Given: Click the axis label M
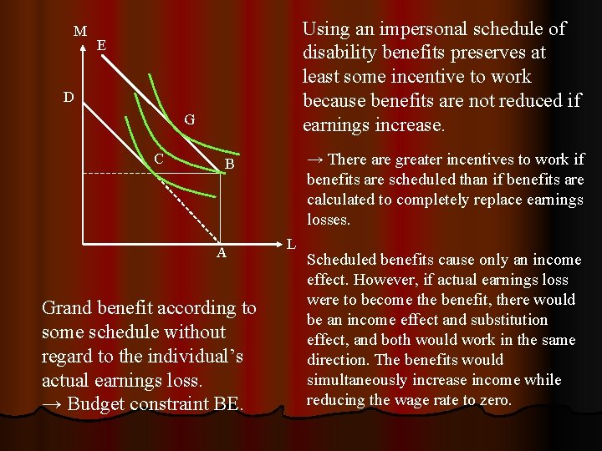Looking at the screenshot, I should coord(80,32).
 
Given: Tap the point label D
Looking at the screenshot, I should coord(70,98).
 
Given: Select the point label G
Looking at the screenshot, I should coord(190,120).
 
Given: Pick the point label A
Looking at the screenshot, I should coord(222,253).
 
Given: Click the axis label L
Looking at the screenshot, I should coord(290,245).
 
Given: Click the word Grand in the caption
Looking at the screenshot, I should coord(67,308).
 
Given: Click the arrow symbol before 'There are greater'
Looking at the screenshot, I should coord(315,160).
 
